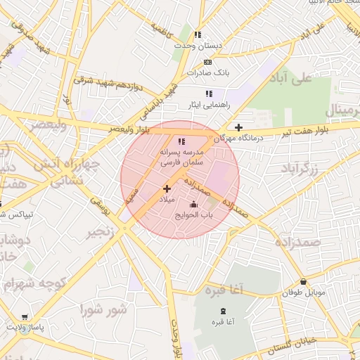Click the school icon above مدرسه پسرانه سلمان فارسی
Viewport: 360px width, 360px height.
[181, 141]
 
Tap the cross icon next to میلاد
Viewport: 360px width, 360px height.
[167, 188]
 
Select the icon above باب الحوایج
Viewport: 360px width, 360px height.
[194, 205]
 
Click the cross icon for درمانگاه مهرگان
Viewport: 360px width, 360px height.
[239, 127]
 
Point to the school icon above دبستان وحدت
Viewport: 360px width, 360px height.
[198, 34]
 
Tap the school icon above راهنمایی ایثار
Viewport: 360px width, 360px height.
[208, 93]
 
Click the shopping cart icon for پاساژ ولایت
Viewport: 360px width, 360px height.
[25, 317]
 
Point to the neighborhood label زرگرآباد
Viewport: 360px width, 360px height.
[300, 169]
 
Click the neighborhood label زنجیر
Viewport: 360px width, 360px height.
[101, 232]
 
